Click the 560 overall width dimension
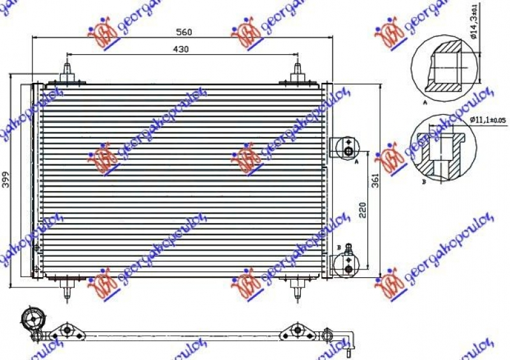click(184, 32)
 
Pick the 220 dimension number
click(362, 210)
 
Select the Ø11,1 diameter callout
click(488, 119)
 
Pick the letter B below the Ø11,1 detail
click(424, 181)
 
